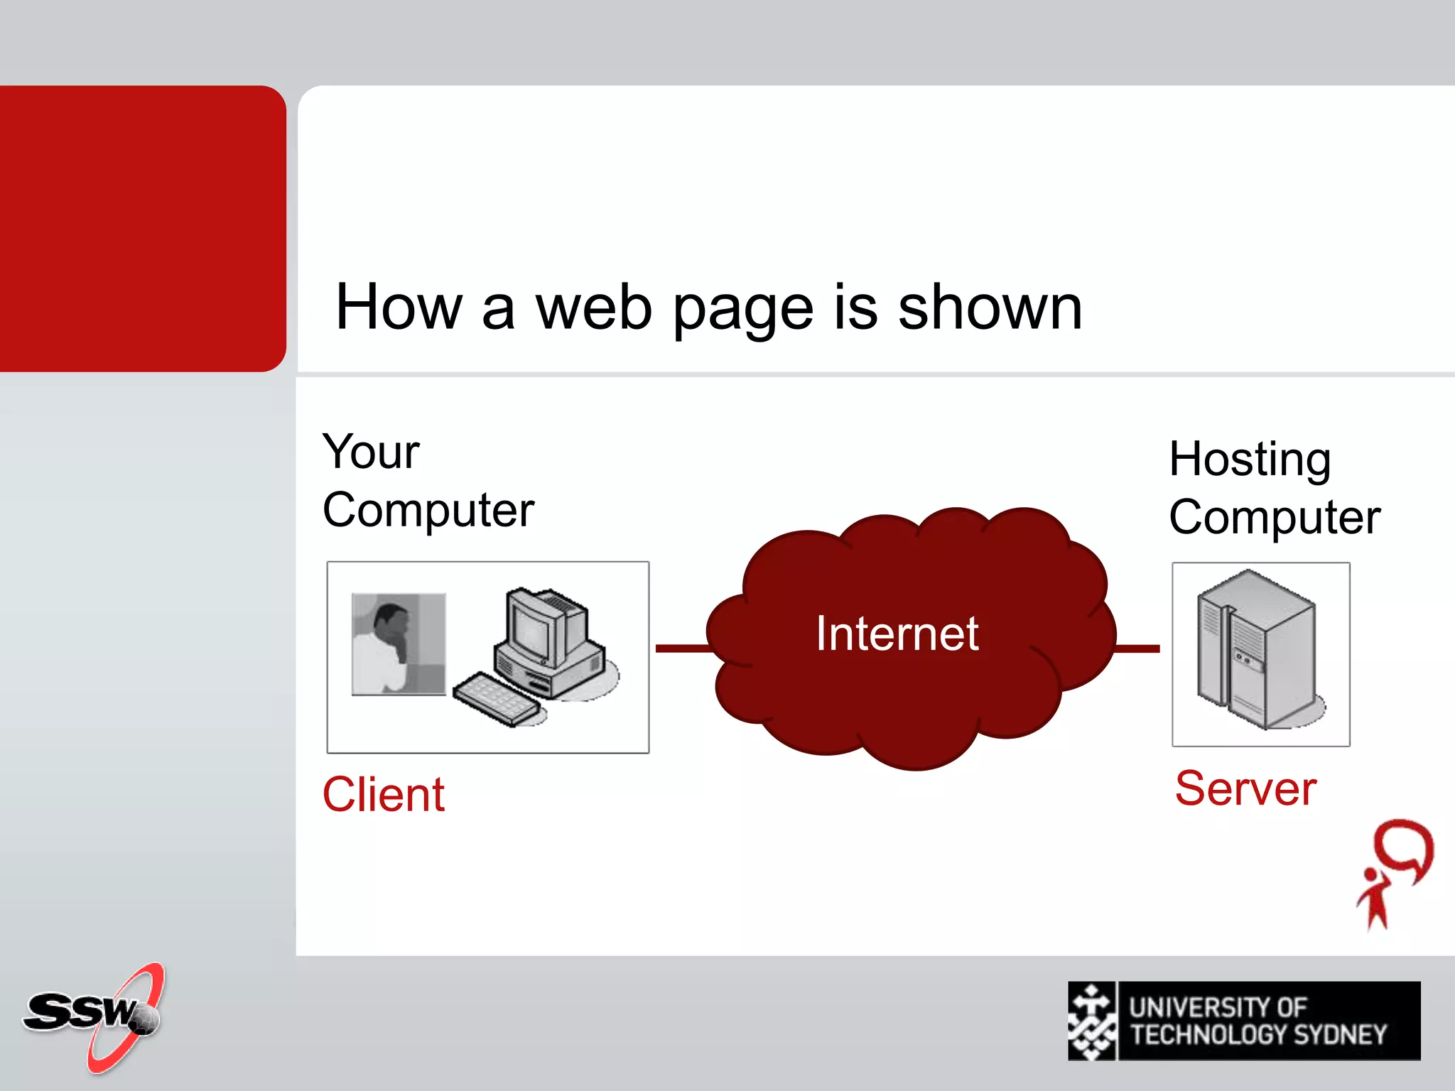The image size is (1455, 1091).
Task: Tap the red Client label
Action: tap(384, 794)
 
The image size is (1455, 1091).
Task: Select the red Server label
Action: tap(1245, 788)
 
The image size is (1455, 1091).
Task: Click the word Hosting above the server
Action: tap(1250, 460)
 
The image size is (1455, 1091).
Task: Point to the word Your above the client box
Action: tap(371, 452)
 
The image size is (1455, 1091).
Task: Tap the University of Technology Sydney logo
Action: tap(1243, 1021)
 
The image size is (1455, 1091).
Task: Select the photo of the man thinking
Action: tap(399, 644)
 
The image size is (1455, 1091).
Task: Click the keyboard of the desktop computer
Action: tap(496, 699)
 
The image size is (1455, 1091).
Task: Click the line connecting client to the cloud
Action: tap(682, 648)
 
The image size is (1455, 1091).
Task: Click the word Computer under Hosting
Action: tap(1275, 517)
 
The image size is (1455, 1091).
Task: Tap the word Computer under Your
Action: tap(428, 510)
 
